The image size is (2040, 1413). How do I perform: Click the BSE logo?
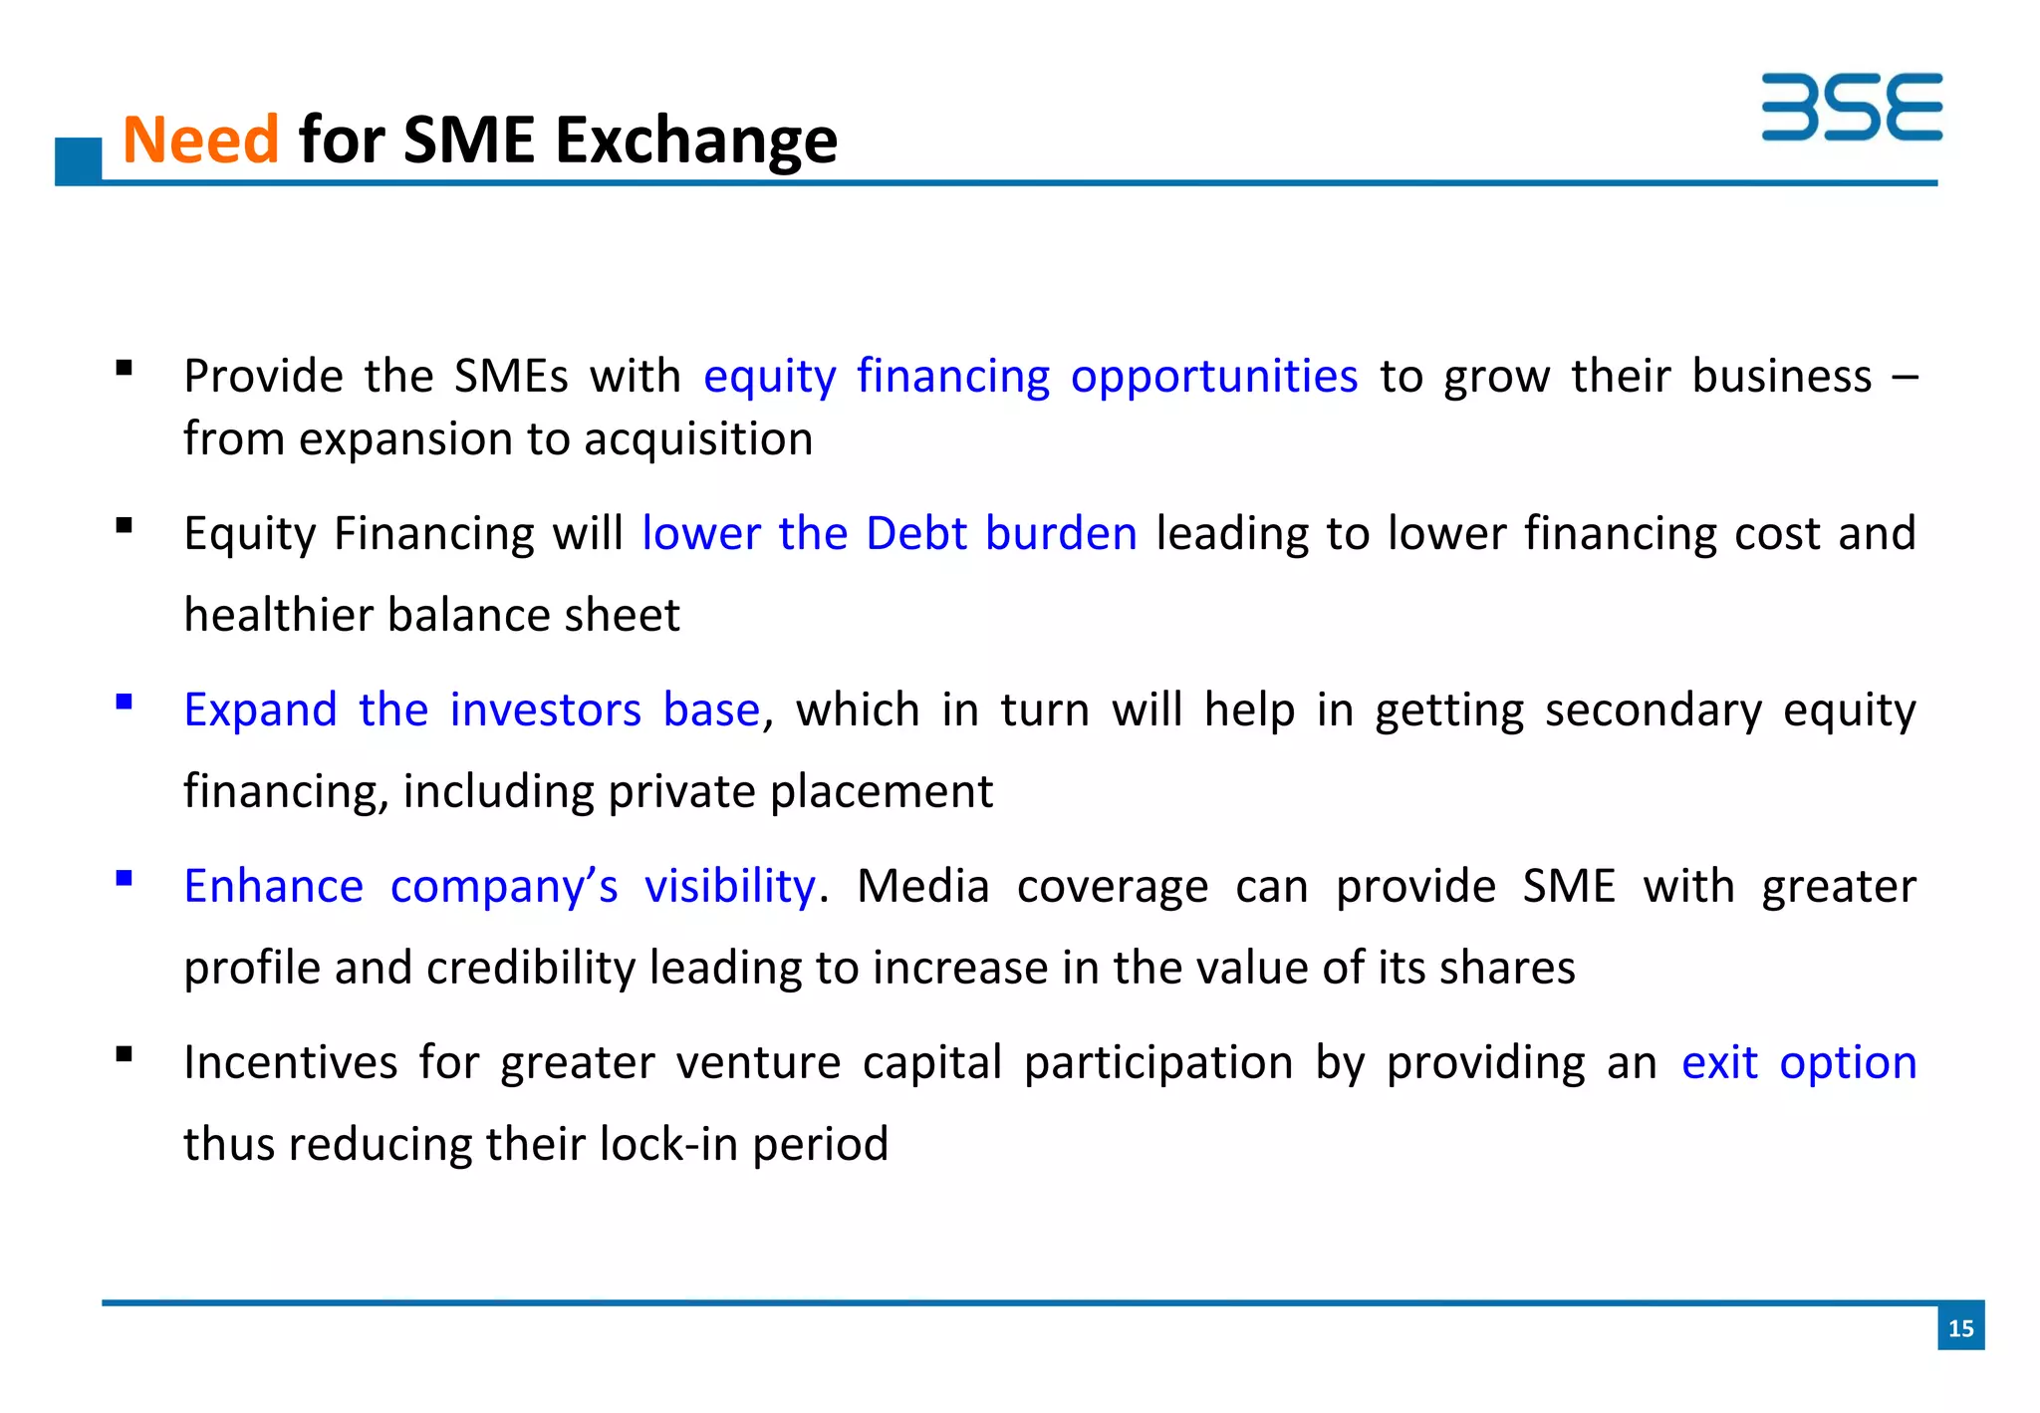pos(1851,107)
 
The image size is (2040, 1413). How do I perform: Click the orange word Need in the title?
pos(200,140)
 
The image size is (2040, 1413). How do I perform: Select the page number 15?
pos(1960,1327)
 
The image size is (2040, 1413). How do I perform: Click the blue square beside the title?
pos(79,160)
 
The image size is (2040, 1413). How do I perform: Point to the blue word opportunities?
pos(1213,377)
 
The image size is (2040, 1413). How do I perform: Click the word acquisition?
pos(698,439)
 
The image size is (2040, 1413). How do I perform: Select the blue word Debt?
pos(915,533)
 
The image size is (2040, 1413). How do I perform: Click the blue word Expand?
pos(260,709)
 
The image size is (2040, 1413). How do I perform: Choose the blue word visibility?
pos(729,886)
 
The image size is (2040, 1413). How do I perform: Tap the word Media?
pos(922,886)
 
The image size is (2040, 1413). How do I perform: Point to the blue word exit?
pos(1718,1062)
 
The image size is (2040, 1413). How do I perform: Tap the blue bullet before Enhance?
pos(125,878)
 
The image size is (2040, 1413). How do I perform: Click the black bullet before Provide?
pos(125,369)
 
